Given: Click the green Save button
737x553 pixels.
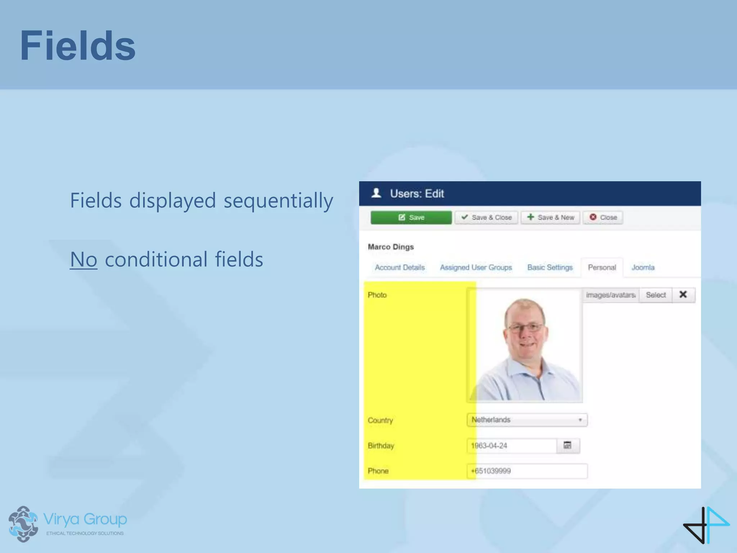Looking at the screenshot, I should pyautogui.click(x=411, y=217).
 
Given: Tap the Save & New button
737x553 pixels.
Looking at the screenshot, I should pyautogui.click(x=550, y=217).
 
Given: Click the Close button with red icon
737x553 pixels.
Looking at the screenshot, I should pyautogui.click(x=603, y=217).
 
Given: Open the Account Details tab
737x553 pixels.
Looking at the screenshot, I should pyautogui.click(x=399, y=267).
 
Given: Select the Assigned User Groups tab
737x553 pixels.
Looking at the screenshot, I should pyautogui.click(x=476, y=267).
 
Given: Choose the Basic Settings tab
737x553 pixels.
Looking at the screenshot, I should pyautogui.click(x=550, y=267).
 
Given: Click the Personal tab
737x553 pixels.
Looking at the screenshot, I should pyautogui.click(x=602, y=267).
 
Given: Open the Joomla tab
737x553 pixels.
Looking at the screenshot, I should pyautogui.click(x=643, y=267).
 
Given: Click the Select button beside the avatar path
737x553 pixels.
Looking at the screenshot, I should pyautogui.click(x=655, y=295).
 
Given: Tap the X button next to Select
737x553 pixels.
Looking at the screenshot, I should pyautogui.click(x=683, y=295).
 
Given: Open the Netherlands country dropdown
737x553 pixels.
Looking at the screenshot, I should pyautogui.click(x=527, y=420).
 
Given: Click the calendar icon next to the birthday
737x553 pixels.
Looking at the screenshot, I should pyautogui.click(x=568, y=446).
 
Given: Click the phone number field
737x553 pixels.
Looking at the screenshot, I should pyautogui.click(x=527, y=471).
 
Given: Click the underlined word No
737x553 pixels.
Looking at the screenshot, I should pyautogui.click(x=83, y=259).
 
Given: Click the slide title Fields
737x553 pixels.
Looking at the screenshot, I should pyautogui.click(x=78, y=46).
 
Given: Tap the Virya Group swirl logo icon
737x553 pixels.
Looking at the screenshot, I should pyautogui.click(x=23, y=523).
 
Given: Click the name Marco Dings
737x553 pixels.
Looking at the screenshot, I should pyautogui.click(x=390, y=247).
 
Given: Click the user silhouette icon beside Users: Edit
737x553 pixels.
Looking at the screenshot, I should pyautogui.click(x=376, y=193).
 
